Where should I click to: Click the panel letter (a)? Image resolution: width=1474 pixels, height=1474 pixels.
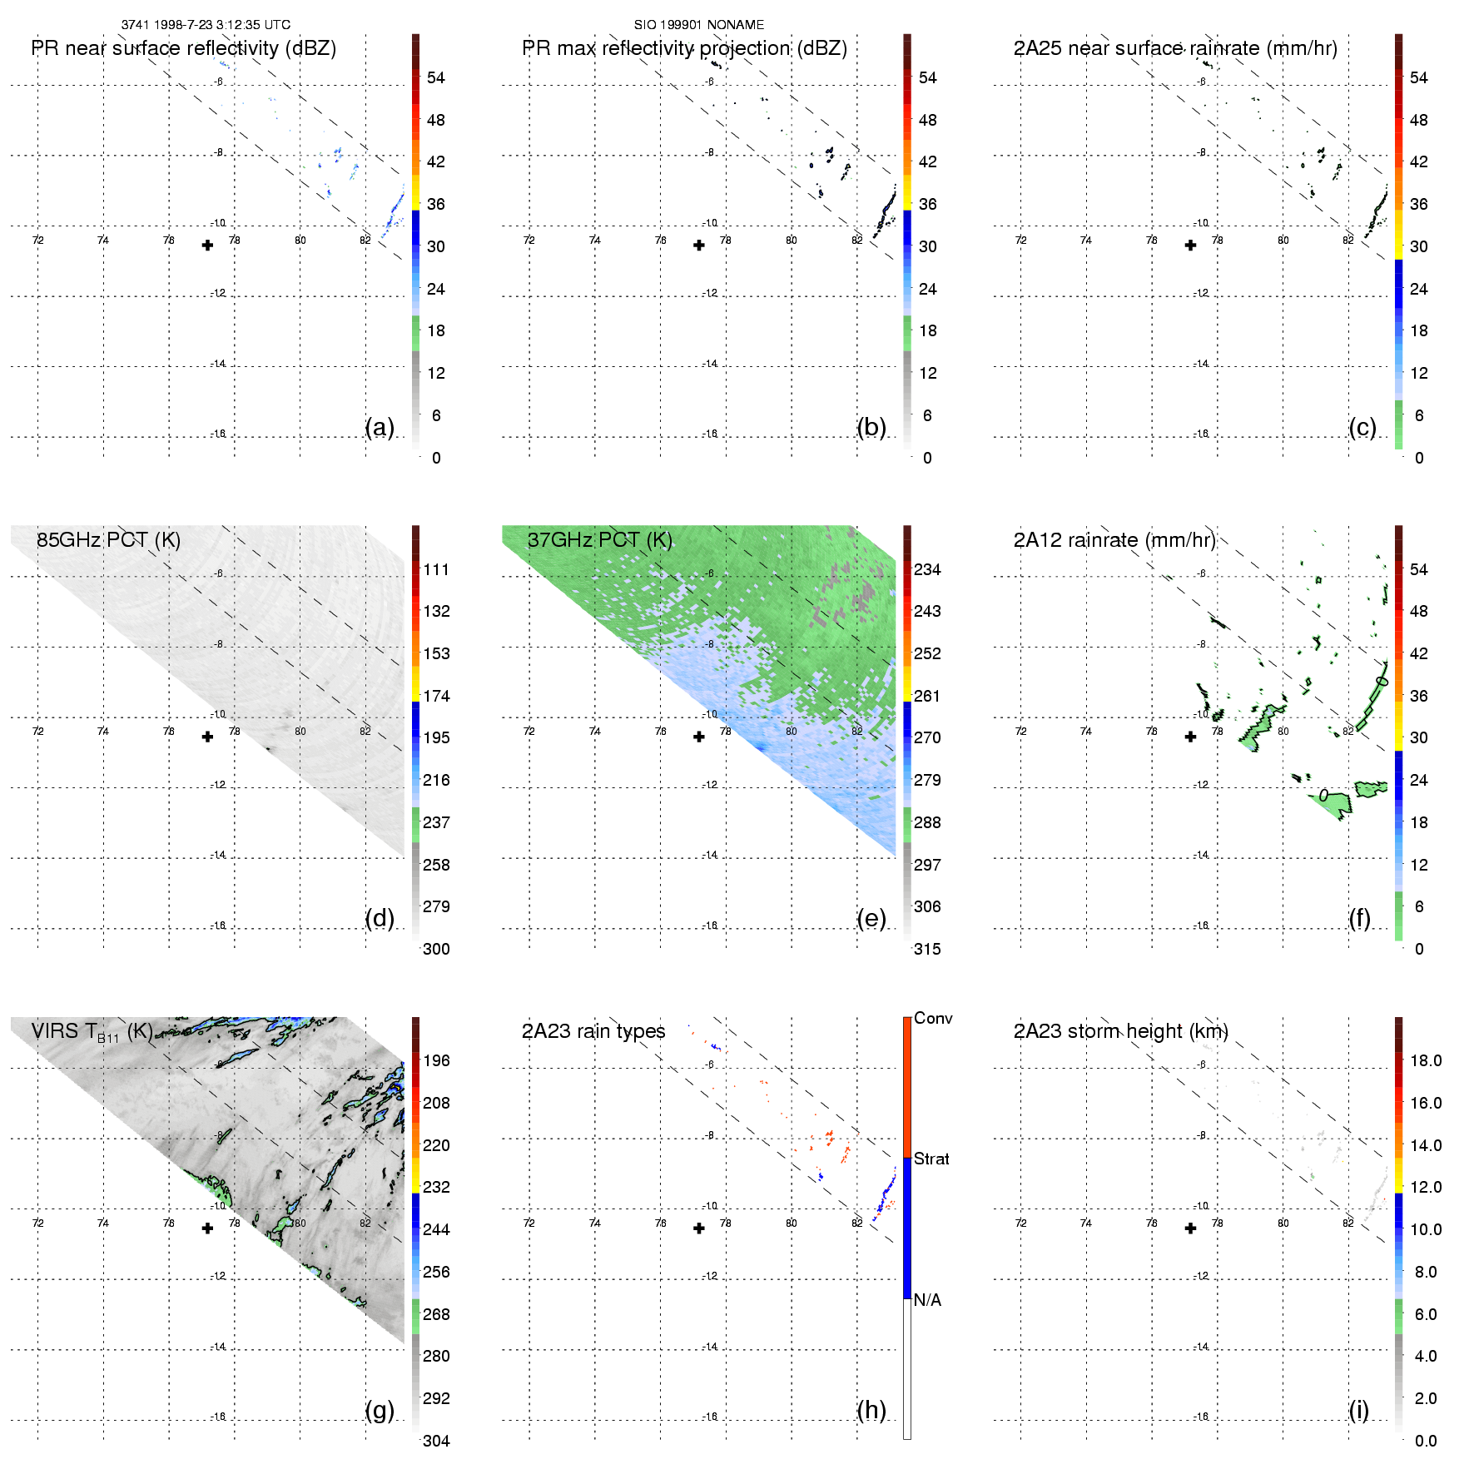click(380, 427)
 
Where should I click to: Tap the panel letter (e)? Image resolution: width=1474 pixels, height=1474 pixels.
click(871, 918)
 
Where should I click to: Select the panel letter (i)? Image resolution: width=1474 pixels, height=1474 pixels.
click(1358, 1410)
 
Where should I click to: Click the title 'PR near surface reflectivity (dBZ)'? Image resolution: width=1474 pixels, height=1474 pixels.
click(183, 48)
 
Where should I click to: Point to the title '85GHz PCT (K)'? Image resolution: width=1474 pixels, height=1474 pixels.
click(108, 539)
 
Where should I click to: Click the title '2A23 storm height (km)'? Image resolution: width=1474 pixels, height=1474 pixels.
click(1120, 1031)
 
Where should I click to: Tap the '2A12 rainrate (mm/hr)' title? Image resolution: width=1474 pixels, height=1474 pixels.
click(1114, 539)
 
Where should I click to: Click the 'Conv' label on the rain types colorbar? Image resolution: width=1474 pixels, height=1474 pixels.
click(933, 1018)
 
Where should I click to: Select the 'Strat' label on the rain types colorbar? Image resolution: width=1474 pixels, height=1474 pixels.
click(931, 1159)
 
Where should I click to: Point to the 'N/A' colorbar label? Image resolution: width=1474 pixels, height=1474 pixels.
click(927, 1300)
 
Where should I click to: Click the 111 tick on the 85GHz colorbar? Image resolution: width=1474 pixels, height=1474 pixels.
click(436, 569)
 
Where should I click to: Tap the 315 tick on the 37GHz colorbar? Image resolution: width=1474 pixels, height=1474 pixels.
click(927, 949)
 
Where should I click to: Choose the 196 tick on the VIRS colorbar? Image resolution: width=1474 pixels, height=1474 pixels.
click(436, 1060)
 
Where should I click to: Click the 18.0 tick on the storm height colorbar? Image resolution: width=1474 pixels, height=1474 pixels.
click(1425, 1060)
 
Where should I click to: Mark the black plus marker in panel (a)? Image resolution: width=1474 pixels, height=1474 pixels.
click(207, 245)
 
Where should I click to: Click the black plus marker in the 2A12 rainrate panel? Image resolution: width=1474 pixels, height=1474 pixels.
click(1190, 737)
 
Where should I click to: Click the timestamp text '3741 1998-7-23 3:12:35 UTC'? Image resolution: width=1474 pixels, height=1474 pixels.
click(206, 25)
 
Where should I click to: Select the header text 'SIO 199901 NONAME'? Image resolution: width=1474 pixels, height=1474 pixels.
click(698, 25)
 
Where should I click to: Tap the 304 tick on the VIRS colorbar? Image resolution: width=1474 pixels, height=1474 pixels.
click(436, 1441)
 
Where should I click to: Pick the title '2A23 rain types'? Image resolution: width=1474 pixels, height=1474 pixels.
click(593, 1031)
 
